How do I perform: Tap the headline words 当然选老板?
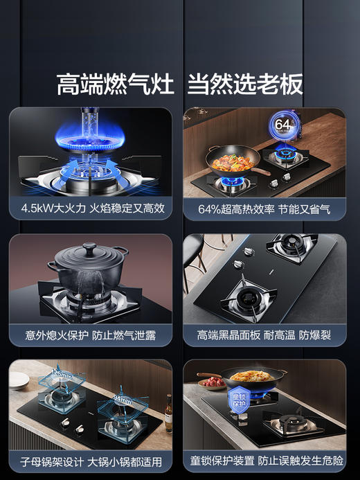tap(245, 85)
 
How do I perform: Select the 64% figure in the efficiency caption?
tap(210, 208)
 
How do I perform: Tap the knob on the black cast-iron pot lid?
tap(89, 247)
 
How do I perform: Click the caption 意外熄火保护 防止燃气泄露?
tap(90, 335)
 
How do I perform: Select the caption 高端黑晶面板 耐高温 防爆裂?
tap(264, 335)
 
